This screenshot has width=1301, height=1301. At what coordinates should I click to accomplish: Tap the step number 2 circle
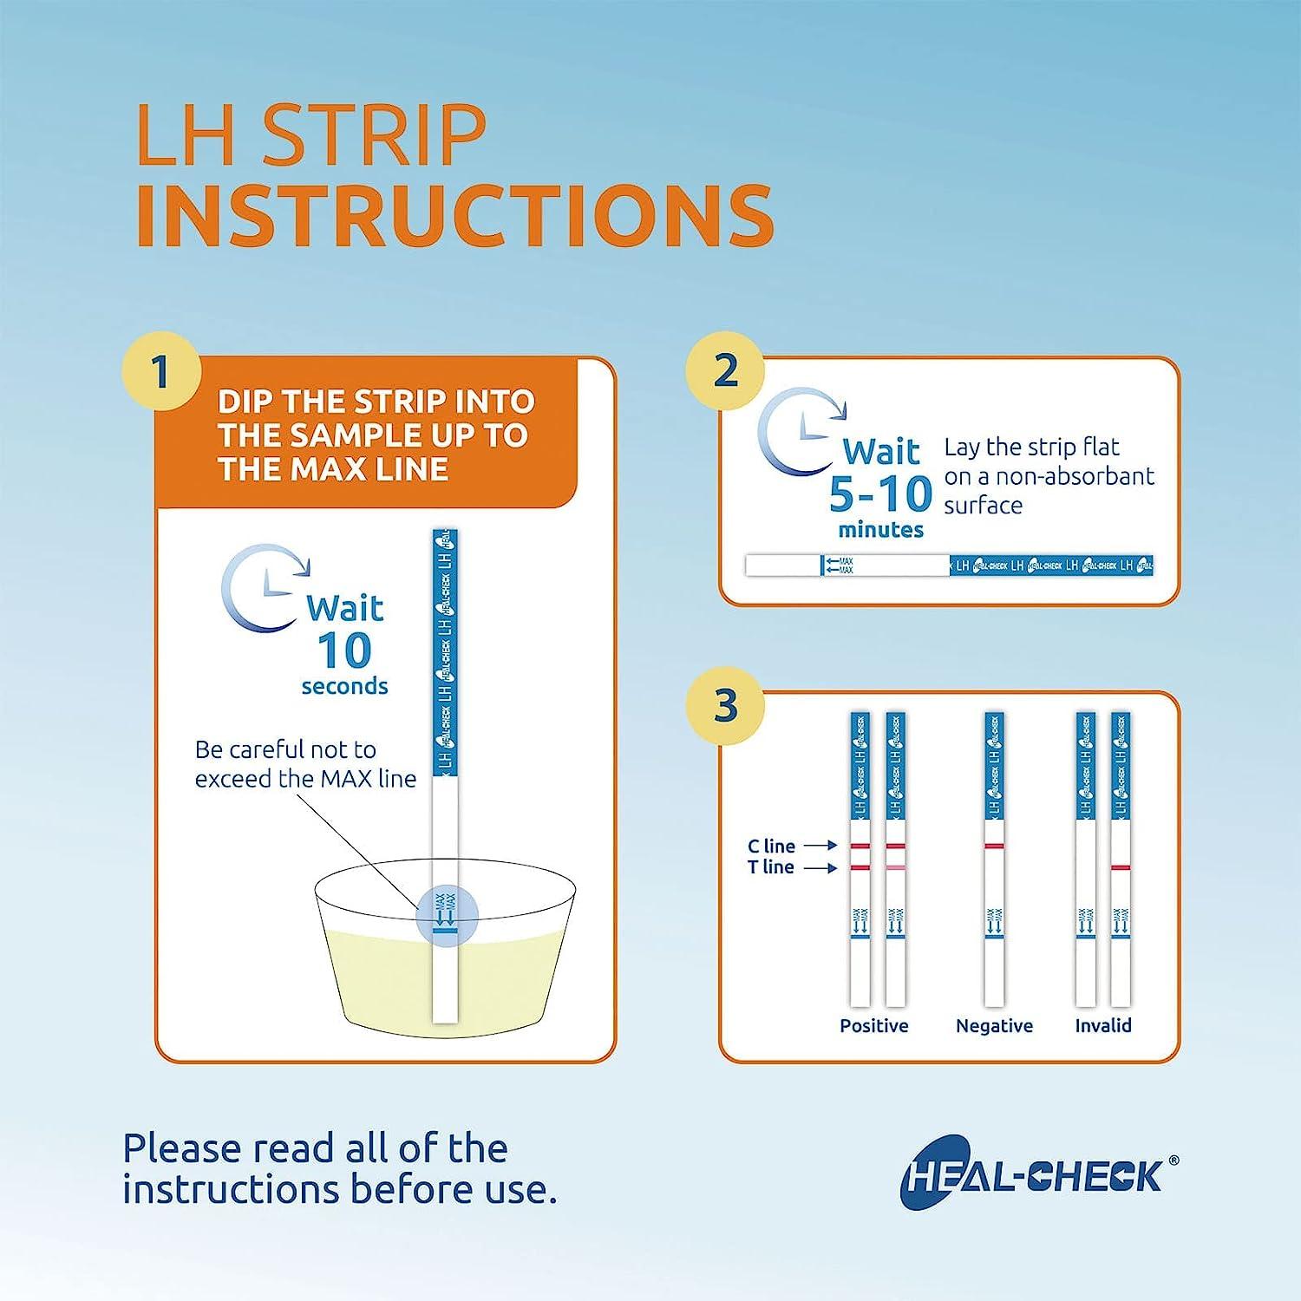pyautogui.click(x=725, y=370)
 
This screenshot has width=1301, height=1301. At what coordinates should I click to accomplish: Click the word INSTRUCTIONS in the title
pyautogui.click(x=454, y=213)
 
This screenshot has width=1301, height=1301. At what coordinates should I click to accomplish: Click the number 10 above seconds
pyautogui.click(x=344, y=650)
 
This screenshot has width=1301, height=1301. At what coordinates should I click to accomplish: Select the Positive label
pyautogui.click(x=873, y=1025)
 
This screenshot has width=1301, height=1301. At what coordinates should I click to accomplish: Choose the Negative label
pyautogui.click(x=994, y=1025)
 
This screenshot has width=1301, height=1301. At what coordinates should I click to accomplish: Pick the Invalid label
pyautogui.click(x=1103, y=1025)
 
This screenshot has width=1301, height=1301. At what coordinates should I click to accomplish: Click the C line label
pyautogui.click(x=771, y=846)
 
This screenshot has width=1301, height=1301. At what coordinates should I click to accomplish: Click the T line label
pyautogui.click(x=771, y=867)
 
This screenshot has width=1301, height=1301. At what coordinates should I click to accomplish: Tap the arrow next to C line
pyautogui.click(x=820, y=846)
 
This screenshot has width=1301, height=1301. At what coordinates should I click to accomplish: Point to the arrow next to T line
pyautogui.click(x=820, y=867)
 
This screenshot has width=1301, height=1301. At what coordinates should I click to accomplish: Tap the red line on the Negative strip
pyautogui.click(x=994, y=846)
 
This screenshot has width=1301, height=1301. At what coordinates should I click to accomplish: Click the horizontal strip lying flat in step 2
pyautogui.click(x=949, y=566)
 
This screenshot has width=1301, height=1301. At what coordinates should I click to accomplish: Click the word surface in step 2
pyautogui.click(x=983, y=506)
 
